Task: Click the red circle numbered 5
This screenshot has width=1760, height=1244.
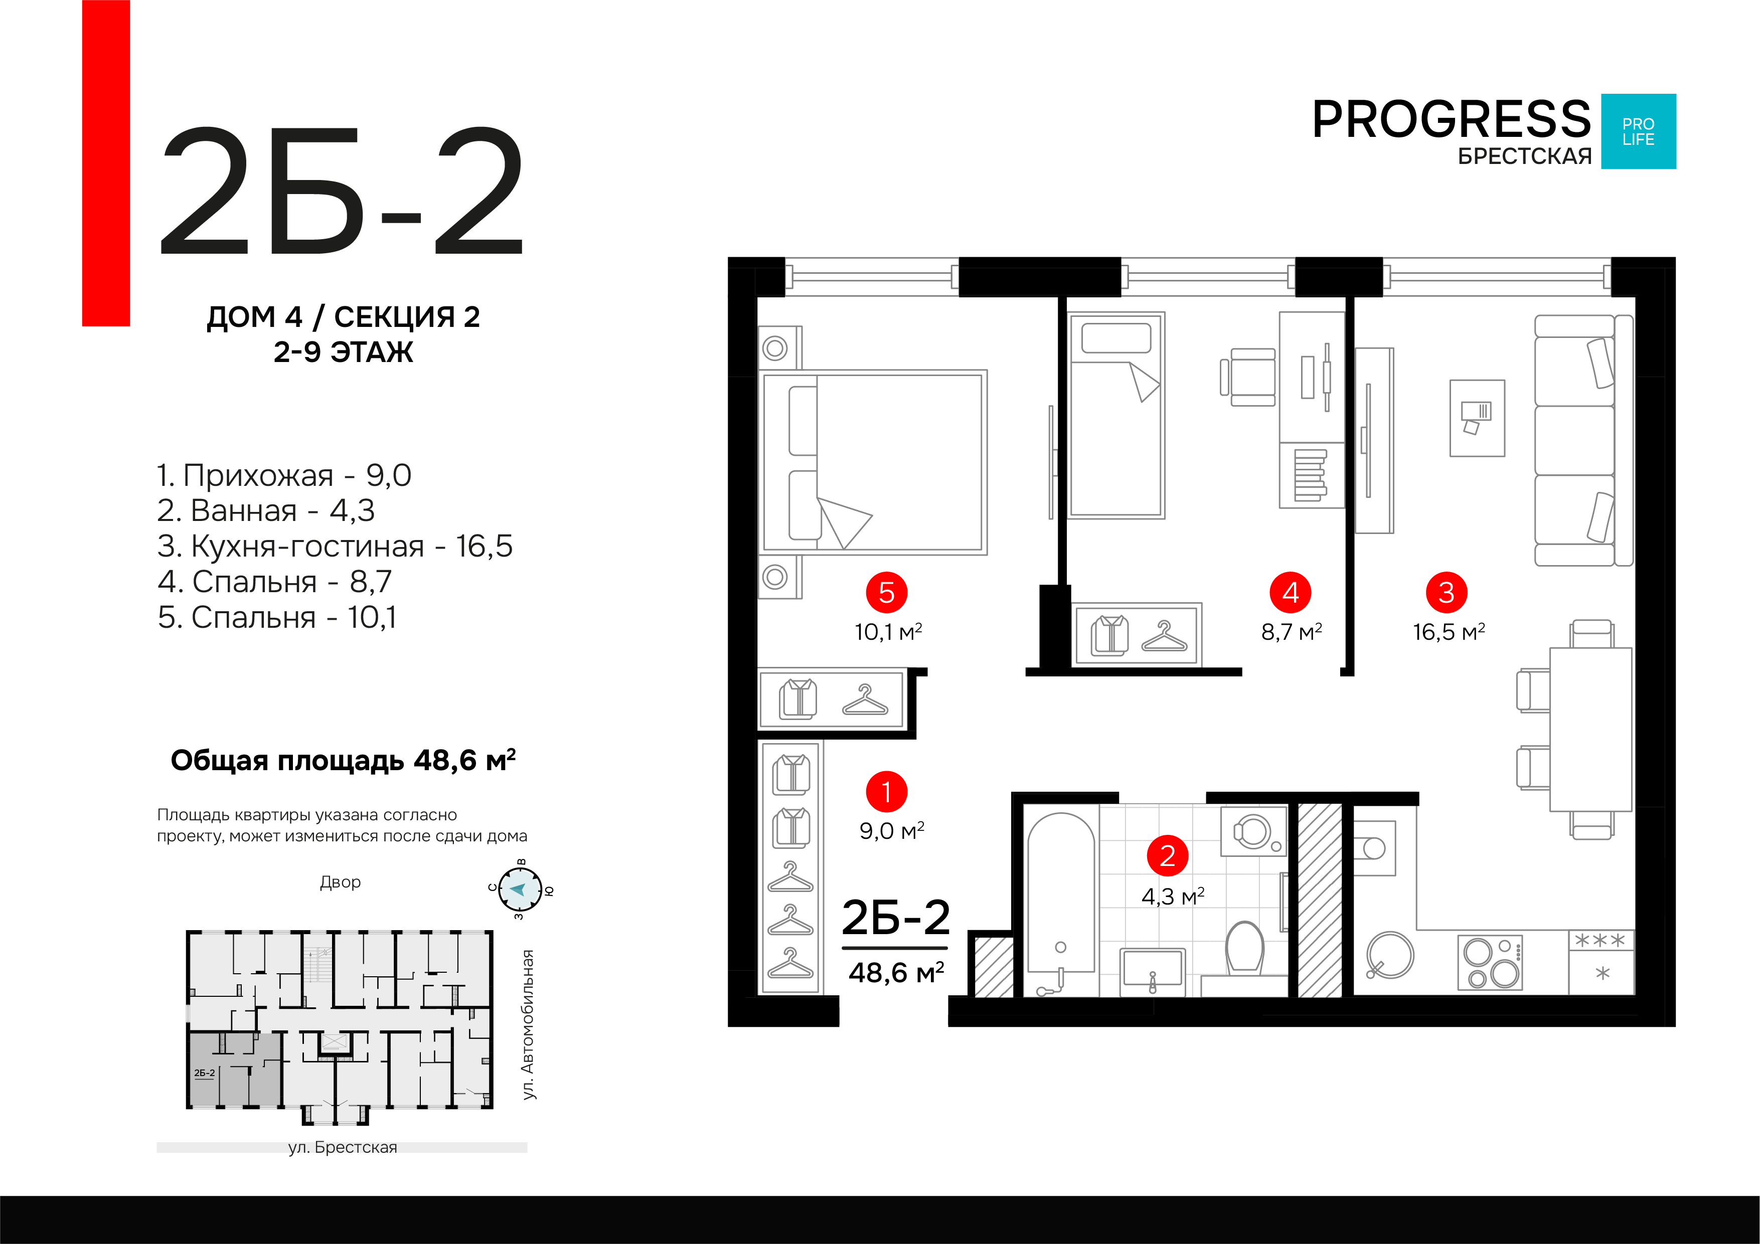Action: (886, 593)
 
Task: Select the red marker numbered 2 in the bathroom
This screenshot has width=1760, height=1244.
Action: (1168, 855)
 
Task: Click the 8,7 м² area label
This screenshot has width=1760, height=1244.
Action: (1292, 632)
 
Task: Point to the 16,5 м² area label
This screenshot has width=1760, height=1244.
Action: (1449, 632)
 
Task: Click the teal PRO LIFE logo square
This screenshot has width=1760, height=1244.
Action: (1638, 131)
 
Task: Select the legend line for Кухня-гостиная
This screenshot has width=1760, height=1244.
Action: (335, 547)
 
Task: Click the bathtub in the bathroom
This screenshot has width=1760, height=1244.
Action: (1061, 904)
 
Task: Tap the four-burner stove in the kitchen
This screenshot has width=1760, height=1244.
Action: (1490, 963)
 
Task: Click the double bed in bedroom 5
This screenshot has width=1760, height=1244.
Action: (873, 462)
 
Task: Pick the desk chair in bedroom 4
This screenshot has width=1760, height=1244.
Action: (1249, 377)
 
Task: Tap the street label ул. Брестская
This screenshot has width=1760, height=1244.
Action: (343, 1147)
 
